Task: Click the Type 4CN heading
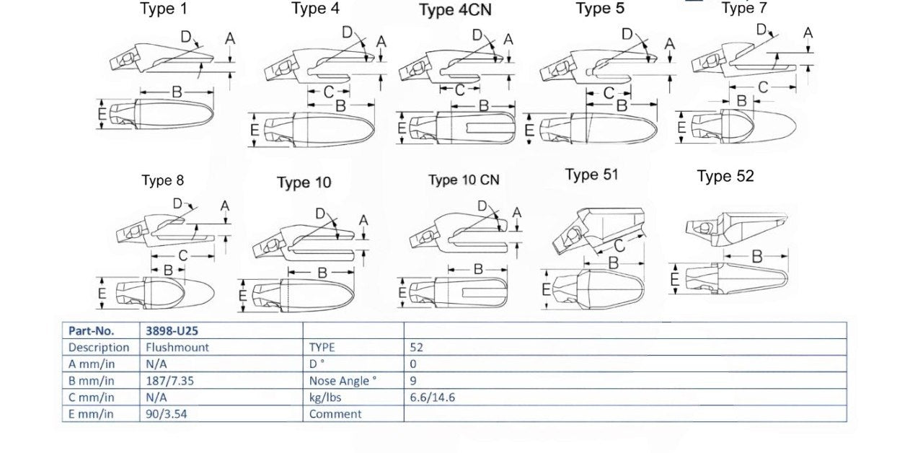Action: point(455,10)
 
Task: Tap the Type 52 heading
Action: point(725,177)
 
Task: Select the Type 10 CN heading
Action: point(464,180)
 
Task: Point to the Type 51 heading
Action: point(592,175)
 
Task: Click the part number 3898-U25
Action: point(172,330)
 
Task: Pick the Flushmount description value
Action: point(177,347)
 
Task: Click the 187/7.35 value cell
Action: point(169,380)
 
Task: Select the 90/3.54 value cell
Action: point(166,414)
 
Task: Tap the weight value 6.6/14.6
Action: point(432,397)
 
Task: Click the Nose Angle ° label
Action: point(343,381)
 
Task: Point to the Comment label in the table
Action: point(335,414)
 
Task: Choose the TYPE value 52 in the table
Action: point(416,347)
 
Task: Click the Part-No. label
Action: point(91,330)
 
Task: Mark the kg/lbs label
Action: point(325,397)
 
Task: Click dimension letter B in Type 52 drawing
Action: point(757,257)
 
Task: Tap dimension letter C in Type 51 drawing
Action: point(619,246)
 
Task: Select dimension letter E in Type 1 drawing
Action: point(102,113)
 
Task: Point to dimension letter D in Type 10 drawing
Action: point(321,214)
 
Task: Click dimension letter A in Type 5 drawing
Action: point(670,43)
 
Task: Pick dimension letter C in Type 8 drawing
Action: point(183,256)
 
